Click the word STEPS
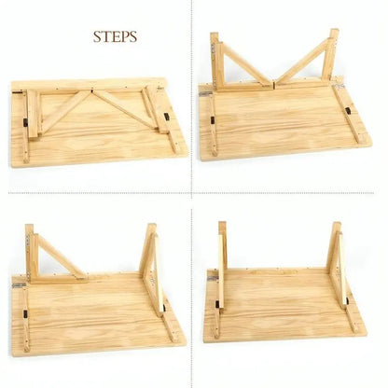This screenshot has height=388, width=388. point(115,36)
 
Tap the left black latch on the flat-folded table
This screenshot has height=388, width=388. point(26,122)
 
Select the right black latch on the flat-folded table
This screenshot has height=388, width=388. point(167,118)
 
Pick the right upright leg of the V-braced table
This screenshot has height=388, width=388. point(330,54)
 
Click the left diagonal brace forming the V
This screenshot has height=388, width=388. point(245,63)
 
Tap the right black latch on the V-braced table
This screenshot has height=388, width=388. point(348,111)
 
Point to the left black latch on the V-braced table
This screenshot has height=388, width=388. point(213,120)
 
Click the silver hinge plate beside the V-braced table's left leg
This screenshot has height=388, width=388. point(204,93)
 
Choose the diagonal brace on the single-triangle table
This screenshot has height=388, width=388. point(62,256)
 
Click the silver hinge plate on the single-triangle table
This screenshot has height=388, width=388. point(19,284)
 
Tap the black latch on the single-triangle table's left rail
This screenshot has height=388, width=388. point(25,313)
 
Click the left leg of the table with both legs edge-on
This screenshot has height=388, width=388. point(222,264)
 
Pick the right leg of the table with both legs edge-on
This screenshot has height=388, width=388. point(339,264)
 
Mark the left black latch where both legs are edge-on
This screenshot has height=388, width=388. point(217,304)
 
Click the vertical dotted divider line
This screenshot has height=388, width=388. point(191,194)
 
